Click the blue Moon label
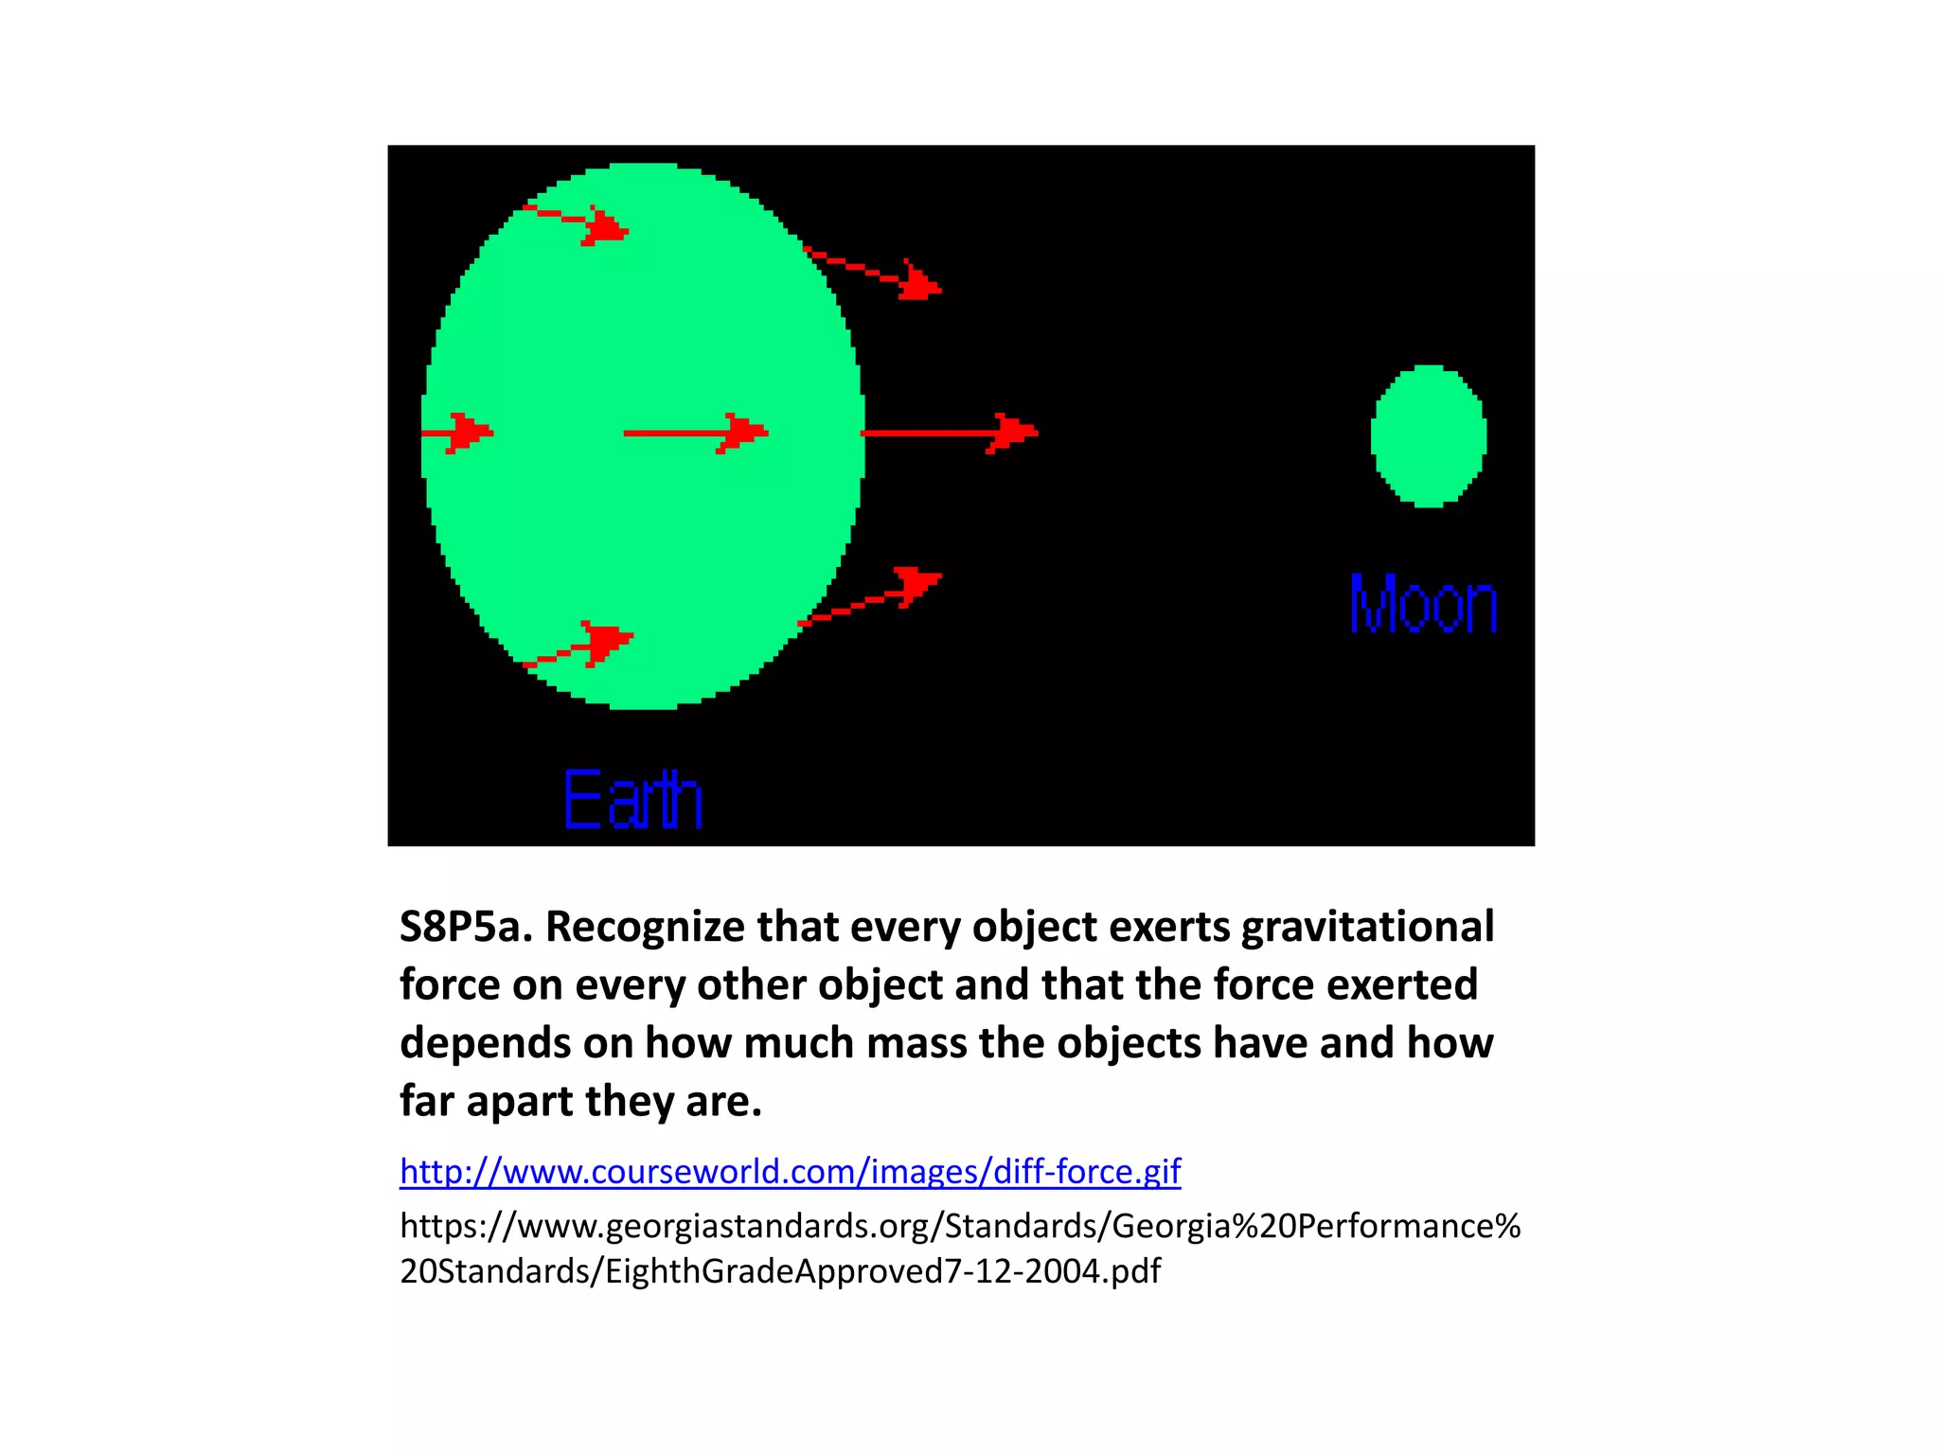1423,604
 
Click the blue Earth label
632,800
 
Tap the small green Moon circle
1429,436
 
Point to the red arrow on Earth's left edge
458,433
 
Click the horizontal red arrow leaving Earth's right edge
949,433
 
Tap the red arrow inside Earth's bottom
579,647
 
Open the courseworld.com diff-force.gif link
790,1172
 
